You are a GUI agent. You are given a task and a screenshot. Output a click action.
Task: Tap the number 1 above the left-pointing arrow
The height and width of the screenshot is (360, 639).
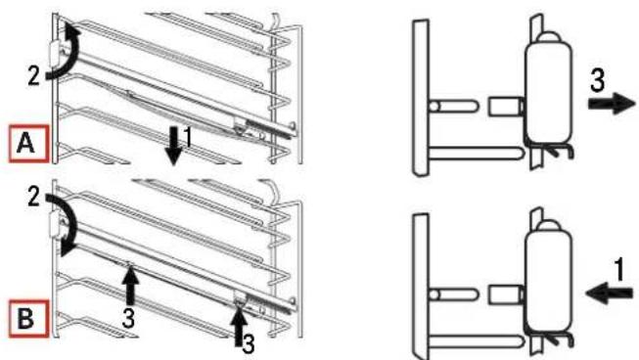click(616, 265)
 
